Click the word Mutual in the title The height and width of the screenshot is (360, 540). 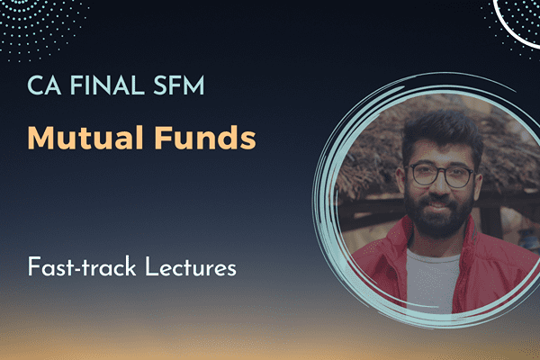click(76, 139)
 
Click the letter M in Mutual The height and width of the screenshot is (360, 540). click(40, 139)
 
